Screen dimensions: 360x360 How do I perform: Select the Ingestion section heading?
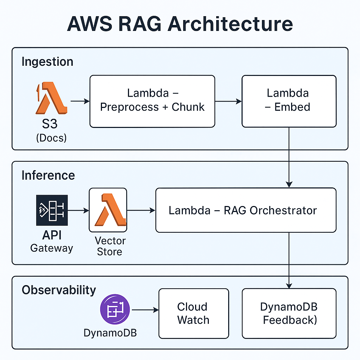click(47, 62)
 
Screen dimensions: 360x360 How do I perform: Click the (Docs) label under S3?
click(51, 138)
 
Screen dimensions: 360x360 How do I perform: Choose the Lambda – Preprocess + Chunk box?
click(152, 101)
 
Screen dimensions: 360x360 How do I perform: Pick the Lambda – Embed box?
click(289, 101)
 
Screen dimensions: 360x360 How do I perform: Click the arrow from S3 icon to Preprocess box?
click(80, 101)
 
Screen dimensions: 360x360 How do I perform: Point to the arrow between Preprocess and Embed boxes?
click(228, 101)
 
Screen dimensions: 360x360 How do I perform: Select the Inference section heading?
click(48, 175)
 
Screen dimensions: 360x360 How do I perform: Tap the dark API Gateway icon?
click(51, 210)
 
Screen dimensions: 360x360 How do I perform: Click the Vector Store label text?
click(110, 246)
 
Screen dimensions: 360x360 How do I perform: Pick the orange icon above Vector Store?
click(108, 210)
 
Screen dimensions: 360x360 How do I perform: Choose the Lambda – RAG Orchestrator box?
click(245, 210)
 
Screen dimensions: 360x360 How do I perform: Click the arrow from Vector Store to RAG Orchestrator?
click(141, 210)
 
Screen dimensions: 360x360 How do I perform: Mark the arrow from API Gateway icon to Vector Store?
click(78, 210)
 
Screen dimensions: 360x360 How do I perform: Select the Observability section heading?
click(59, 290)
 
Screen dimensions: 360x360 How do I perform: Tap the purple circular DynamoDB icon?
click(115, 309)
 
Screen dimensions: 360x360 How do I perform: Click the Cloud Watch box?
click(193, 313)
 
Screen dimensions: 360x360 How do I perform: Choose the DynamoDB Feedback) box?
click(289, 313)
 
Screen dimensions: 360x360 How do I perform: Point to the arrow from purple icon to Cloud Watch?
click(144, 310)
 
